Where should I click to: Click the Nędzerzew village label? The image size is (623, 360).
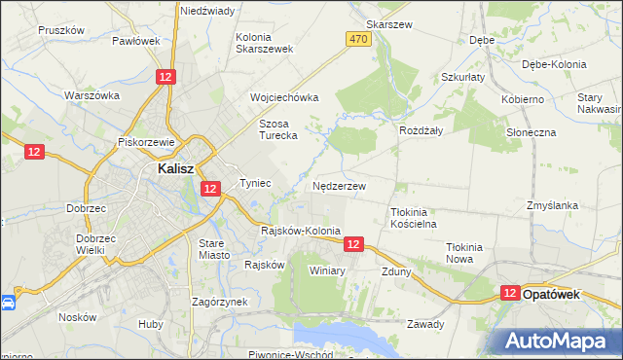340,185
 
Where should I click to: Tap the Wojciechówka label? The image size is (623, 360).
284,97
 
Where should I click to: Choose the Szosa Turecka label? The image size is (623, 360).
277,129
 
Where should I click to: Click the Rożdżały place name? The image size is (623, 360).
421,129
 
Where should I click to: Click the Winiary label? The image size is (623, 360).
327,270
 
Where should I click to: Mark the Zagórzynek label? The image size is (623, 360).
220,302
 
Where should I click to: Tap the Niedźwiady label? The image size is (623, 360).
206,11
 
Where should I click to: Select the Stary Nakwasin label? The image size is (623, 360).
591,104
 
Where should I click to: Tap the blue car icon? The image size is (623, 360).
8,303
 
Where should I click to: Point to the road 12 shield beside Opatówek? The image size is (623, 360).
510,292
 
